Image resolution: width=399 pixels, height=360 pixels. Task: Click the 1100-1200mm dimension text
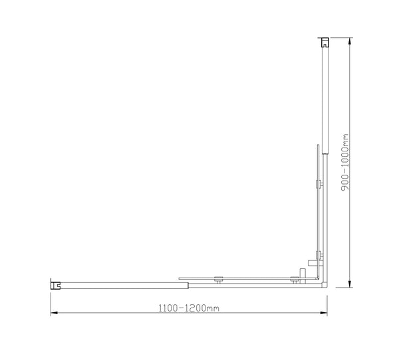tap(189, 308)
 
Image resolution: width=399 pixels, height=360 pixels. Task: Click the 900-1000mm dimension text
tap(345, 163)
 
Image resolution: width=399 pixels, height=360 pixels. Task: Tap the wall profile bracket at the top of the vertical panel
tap(324, 43)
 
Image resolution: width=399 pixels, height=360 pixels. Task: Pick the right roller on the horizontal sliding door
tap(293, 280)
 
